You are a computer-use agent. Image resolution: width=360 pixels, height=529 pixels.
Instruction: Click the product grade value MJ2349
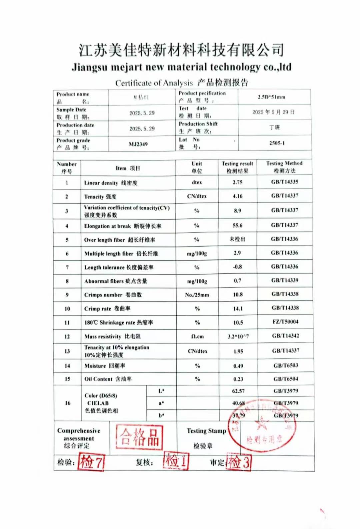pos(138,144)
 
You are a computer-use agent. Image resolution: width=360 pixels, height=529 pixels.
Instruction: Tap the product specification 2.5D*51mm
pos(271,97)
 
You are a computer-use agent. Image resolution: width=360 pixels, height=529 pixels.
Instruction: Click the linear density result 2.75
pos(237,182)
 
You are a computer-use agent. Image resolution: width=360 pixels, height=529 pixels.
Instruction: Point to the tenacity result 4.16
pos(237,196)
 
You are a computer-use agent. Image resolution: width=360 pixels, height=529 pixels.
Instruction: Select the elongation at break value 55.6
pos(237,226)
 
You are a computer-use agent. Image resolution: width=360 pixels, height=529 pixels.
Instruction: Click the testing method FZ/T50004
pos(285,322)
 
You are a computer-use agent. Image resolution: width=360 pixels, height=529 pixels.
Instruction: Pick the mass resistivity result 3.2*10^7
pos(238,336)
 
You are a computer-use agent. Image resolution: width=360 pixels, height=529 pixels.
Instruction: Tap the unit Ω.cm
pos(197,336)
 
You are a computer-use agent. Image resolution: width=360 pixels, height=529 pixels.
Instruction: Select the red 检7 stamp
pos(91,462)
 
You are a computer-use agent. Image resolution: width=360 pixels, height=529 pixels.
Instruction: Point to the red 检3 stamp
pos(239,462)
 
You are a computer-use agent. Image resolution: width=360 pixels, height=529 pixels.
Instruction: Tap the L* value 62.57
pos(238,391)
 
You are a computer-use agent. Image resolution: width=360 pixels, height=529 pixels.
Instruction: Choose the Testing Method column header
pos(284,167)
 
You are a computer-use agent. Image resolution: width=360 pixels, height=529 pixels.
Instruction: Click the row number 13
pos(67,351)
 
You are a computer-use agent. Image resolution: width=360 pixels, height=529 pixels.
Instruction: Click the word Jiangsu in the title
pos(90,68)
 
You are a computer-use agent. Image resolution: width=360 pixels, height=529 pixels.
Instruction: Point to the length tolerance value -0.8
pos(237,267)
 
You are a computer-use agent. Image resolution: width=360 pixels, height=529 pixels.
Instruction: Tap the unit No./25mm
pos(197,295)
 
